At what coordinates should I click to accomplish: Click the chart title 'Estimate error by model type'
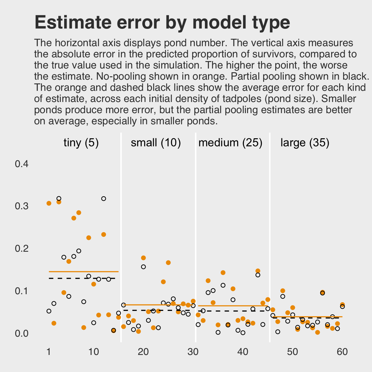(162, 22)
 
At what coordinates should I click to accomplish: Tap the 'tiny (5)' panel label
(81, 143)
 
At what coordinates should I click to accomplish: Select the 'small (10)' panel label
(156, 143)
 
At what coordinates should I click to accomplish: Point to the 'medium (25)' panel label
(230, 143)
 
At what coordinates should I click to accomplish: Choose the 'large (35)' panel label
(305, 143)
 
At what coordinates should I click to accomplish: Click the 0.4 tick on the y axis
(22, 164)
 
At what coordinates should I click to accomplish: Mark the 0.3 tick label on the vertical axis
(22, 206)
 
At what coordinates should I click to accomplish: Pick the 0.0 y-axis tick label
(22, 334)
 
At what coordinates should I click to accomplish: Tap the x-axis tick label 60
(342, 352)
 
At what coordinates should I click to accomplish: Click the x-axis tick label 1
(49, 352)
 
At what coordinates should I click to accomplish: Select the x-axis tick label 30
(193, 352)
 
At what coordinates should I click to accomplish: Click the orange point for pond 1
(49, 203)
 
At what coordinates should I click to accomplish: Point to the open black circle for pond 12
(104, 199)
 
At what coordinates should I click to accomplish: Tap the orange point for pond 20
(143, 258)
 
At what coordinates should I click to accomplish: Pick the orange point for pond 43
(258, 271)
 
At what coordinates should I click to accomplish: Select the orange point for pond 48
(282, 291)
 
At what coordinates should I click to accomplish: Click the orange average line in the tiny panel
(84, 272)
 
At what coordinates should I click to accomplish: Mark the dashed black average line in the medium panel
(232, 310)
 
